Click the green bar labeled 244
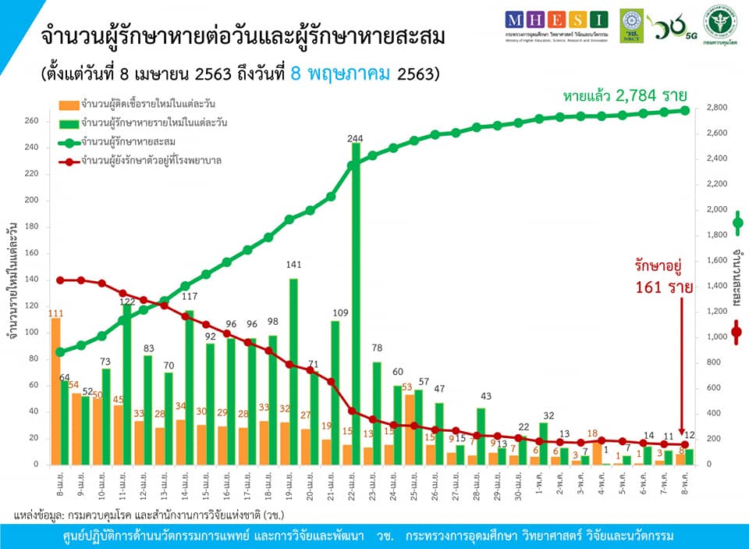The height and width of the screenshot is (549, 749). (x=356, y=305)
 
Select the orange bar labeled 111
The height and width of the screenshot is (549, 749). (x=55, y=390)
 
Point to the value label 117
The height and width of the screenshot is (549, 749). (x=188, y=296)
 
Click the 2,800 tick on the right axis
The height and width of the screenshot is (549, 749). (x=716, y=108)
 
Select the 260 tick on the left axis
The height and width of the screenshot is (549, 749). (x=31, y=121)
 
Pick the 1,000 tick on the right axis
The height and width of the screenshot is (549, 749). (x=716, y=337)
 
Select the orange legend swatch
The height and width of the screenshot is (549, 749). (x=69, y=104)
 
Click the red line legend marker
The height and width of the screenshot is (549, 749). (x=69, y=160)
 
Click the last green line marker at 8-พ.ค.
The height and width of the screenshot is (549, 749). (x=685, y=110)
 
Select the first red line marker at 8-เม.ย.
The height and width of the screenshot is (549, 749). (x=61, y=280)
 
